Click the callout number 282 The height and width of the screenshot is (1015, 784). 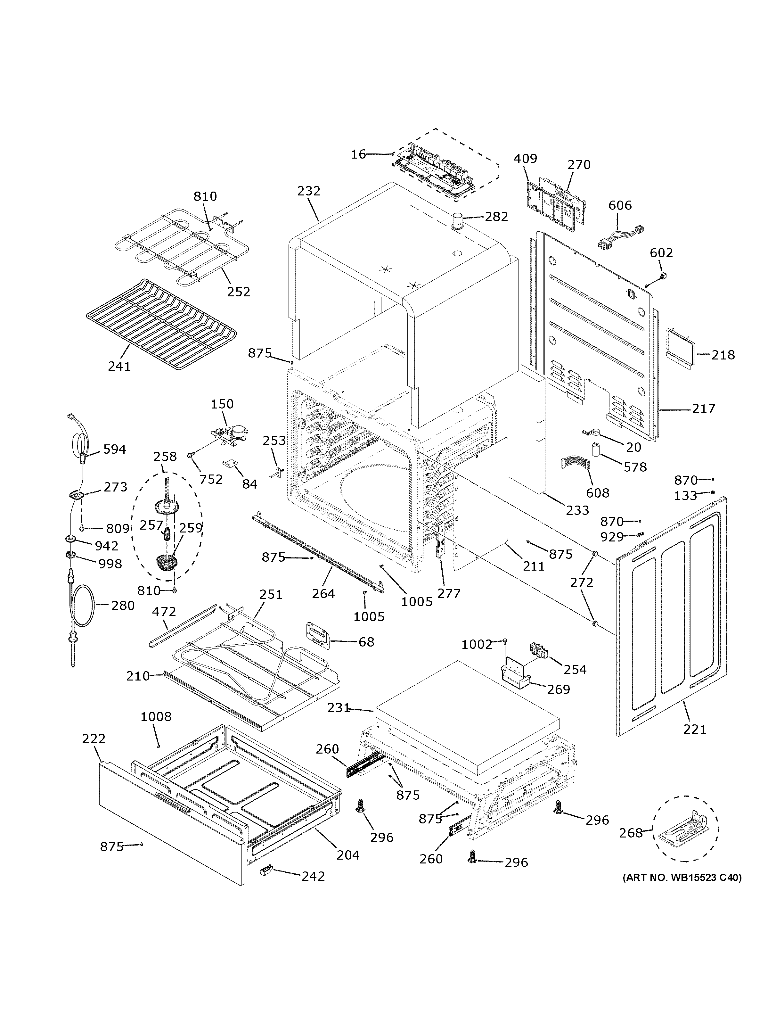496,217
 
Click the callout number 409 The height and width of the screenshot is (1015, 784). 525,159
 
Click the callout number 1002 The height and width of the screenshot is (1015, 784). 477,644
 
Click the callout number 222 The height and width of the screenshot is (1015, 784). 94,739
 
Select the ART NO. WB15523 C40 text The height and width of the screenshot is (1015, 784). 682,878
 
